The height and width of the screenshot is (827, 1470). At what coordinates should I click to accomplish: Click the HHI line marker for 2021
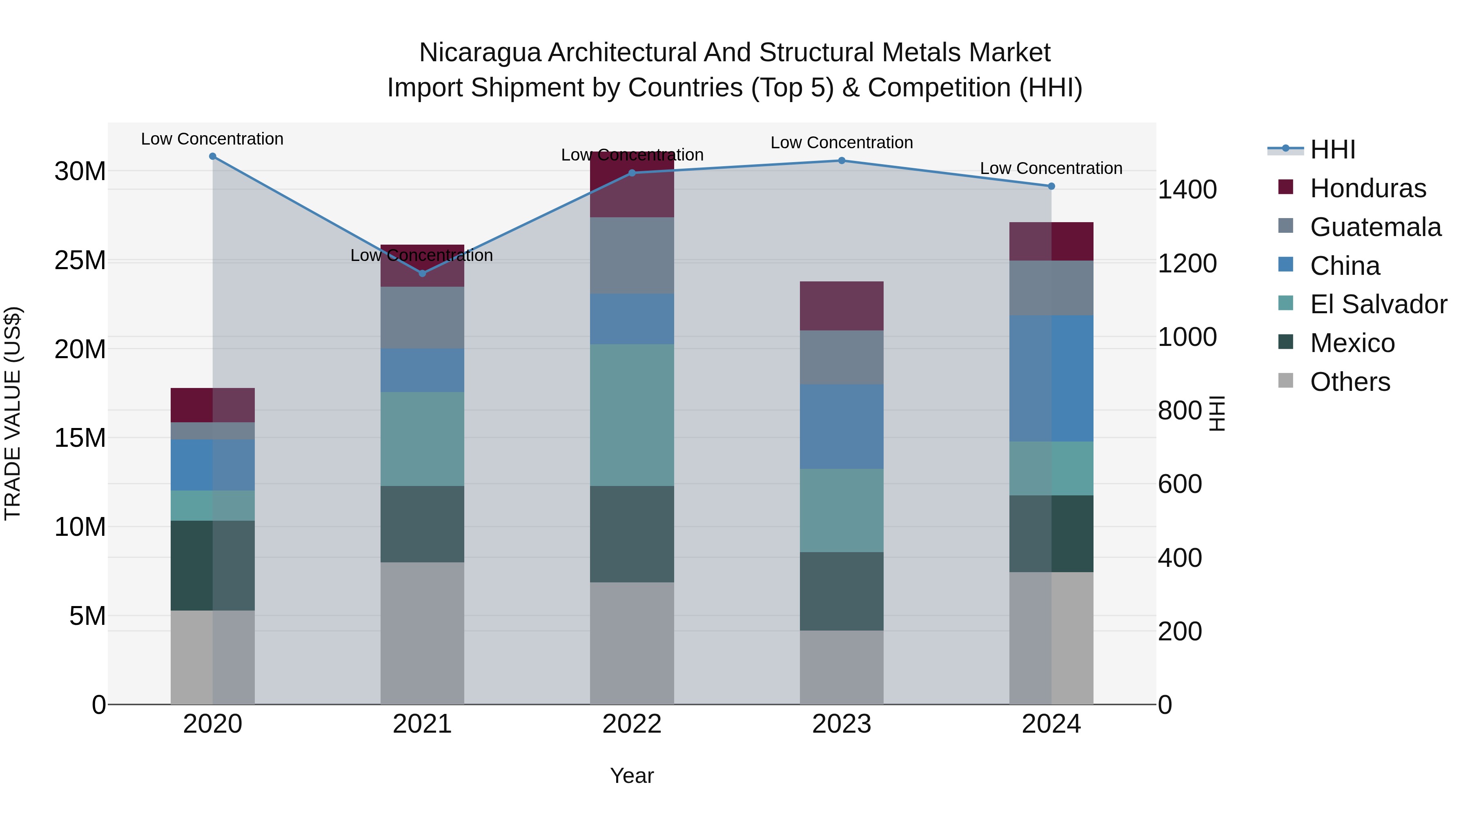coord(422,273)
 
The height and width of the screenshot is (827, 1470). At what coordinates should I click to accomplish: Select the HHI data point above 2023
coord(842,161)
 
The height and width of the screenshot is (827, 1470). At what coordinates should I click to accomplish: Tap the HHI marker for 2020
coord(213,156)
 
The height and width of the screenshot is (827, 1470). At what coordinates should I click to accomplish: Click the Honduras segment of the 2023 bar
coord(842,306)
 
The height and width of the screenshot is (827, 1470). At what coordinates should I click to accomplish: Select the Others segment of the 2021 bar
coord(422,633)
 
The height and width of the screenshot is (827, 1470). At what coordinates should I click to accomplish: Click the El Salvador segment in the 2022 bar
coord(632,415)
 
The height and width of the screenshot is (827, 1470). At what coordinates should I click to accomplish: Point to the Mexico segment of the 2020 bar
coord(213,565)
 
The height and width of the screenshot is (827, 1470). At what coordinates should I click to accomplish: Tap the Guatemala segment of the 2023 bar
coord(842,357)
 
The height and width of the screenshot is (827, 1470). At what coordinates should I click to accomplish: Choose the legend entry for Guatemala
coord(1375,227)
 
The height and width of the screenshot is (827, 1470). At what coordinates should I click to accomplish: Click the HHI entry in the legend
coord(1332,149)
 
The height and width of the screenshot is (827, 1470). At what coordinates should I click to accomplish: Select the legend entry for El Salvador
coord(1378,304)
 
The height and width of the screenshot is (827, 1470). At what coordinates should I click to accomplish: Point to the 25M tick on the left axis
coord(80,260)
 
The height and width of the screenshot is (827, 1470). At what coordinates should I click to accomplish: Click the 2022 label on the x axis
coord(632,724)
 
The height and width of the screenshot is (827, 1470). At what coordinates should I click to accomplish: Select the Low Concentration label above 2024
coord(1051,168)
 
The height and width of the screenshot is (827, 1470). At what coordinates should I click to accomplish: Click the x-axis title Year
coord(632,776)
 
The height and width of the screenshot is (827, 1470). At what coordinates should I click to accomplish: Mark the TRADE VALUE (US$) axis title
coord(13,413)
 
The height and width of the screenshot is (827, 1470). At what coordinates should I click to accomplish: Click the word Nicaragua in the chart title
coord(479,53)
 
